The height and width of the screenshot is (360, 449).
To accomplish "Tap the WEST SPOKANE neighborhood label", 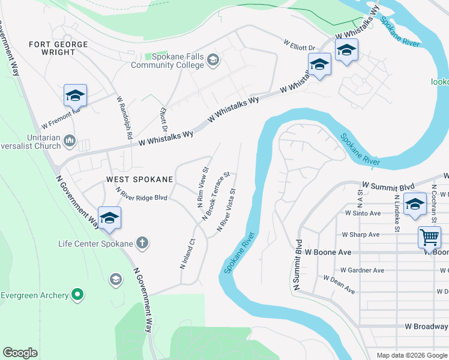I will click(139, 179).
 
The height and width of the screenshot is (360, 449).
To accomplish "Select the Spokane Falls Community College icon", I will click(213, 60).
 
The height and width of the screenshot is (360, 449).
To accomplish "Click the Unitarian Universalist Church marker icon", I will click(70, 141).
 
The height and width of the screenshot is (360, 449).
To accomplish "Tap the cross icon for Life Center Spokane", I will click(142, 243).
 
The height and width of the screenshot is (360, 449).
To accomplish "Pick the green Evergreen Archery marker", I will click(77, 295).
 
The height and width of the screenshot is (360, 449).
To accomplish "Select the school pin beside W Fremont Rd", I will click(75, 95).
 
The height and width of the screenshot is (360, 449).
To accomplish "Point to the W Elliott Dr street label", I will click(300, 47).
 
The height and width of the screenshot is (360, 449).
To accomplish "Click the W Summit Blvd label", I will click(388, 187).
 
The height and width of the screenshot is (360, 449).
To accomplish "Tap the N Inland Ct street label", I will click(187, 254).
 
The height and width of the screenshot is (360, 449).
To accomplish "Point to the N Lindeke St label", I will click(397, 212).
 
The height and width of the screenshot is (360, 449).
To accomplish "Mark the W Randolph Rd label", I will click(124, 118).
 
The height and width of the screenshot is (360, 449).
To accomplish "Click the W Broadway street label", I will click(426, 326).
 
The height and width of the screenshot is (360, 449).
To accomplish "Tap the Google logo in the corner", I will click(20, 353).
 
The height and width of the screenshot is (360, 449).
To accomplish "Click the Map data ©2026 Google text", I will click(411, 355).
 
